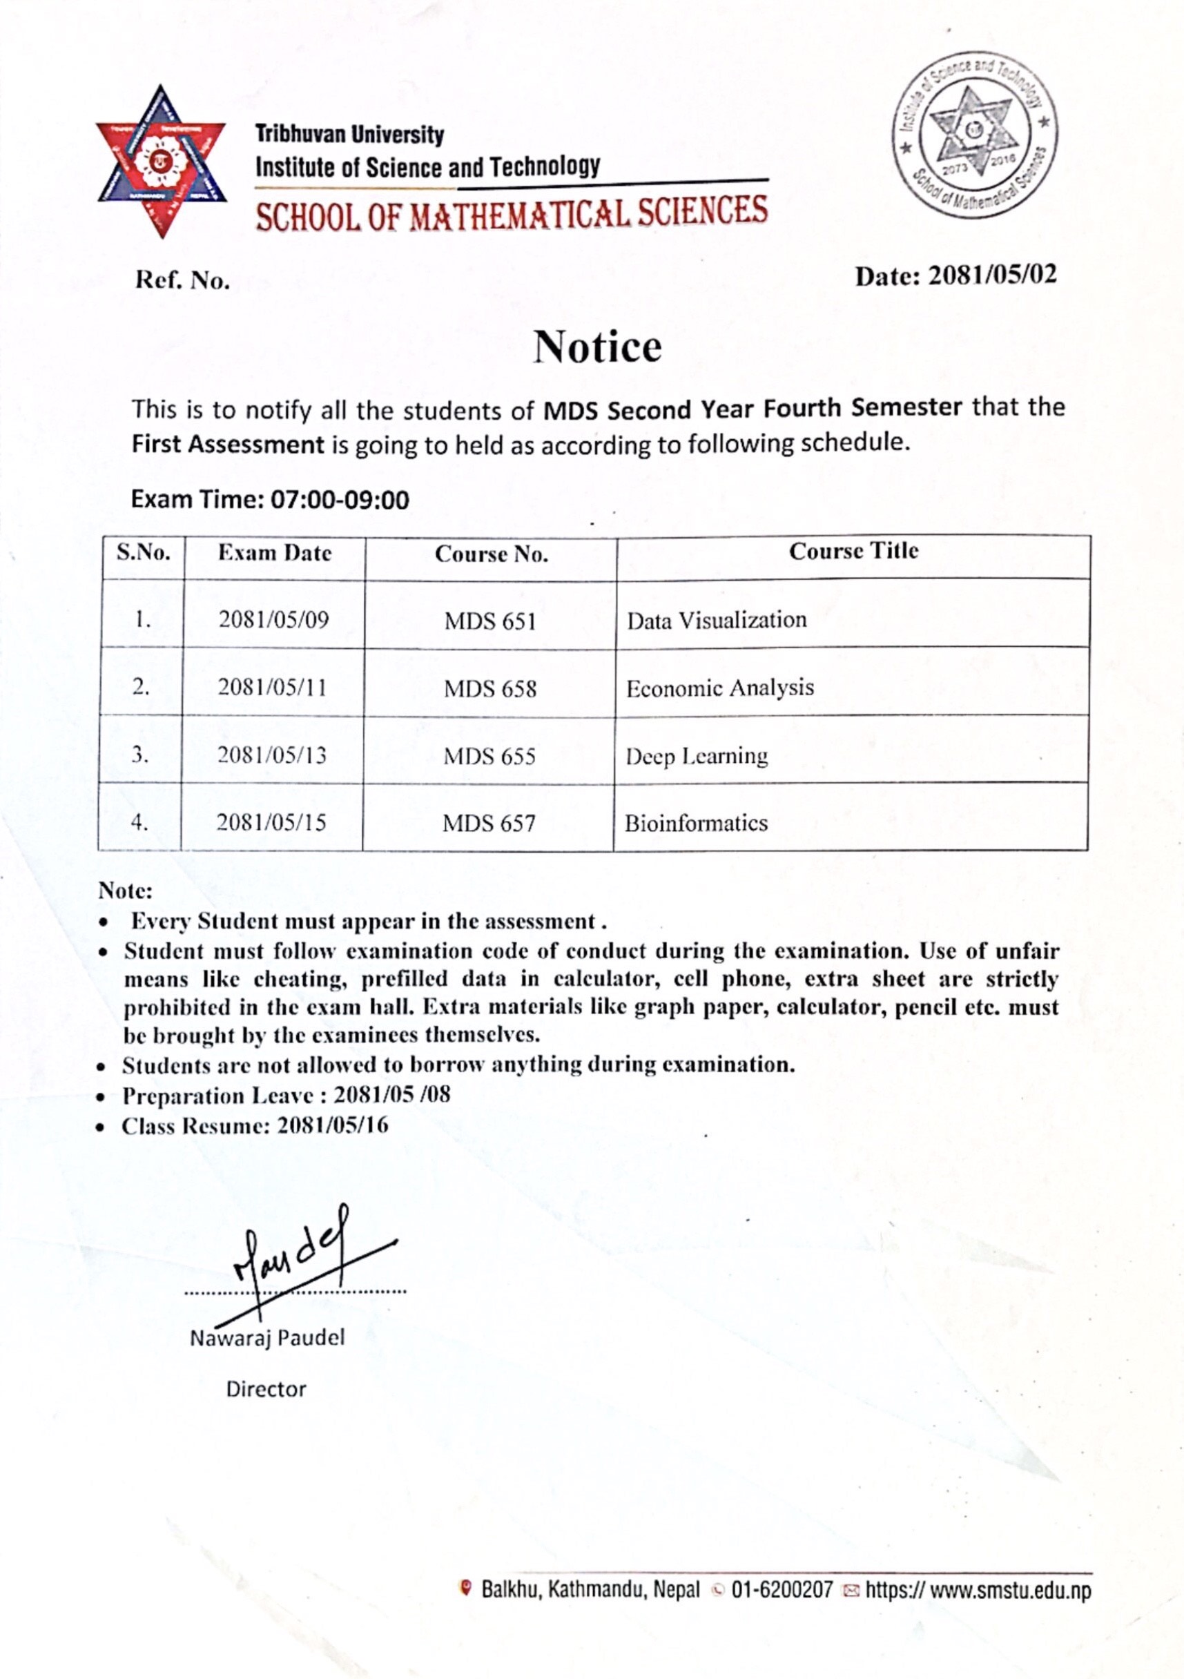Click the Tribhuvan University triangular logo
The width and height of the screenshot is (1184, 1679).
pyautogui.click(x=162, y=162)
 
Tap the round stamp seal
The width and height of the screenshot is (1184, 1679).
pyautogui.click(x=974, y=135)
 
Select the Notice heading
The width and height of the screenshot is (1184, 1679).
pyautogui.click(x=596, y=347)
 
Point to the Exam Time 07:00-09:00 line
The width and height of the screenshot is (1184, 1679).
pyautogui.click(x=270, y=501)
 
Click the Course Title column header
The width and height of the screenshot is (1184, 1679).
pyautogui.click(x=853, y=552)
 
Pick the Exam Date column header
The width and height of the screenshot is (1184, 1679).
pyautogui.click(x=274, y=554)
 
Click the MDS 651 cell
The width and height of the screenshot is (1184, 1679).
pyautogui.click(x=490, y=621)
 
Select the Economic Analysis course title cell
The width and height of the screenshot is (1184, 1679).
pyautogui.click(x=719, y=688)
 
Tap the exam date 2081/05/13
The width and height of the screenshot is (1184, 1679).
pyautogui.click(x=272, y=755)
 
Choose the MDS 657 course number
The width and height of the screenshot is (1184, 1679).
pyautogui.click(x=489, y=824)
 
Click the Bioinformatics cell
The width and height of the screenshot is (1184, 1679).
pyautogui.click(x=695, y=824)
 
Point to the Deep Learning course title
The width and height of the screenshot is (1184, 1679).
pyautogui.click(x=696, y=755)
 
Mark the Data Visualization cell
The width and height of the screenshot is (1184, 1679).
pyautogui.click(x=716, y=620)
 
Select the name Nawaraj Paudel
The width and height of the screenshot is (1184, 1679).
pyautogui.click(x=267, y=1338)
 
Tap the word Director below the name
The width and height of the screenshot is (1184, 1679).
pyautogui.click(x=266, y=1390)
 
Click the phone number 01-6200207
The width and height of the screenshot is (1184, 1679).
pyautogui.click(x=782, y=1590)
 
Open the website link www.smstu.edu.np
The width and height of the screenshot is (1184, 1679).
pyautogui.click(x=978, y=1591)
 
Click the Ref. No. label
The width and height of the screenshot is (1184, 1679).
pyautogui.click(x=182, y=280)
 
